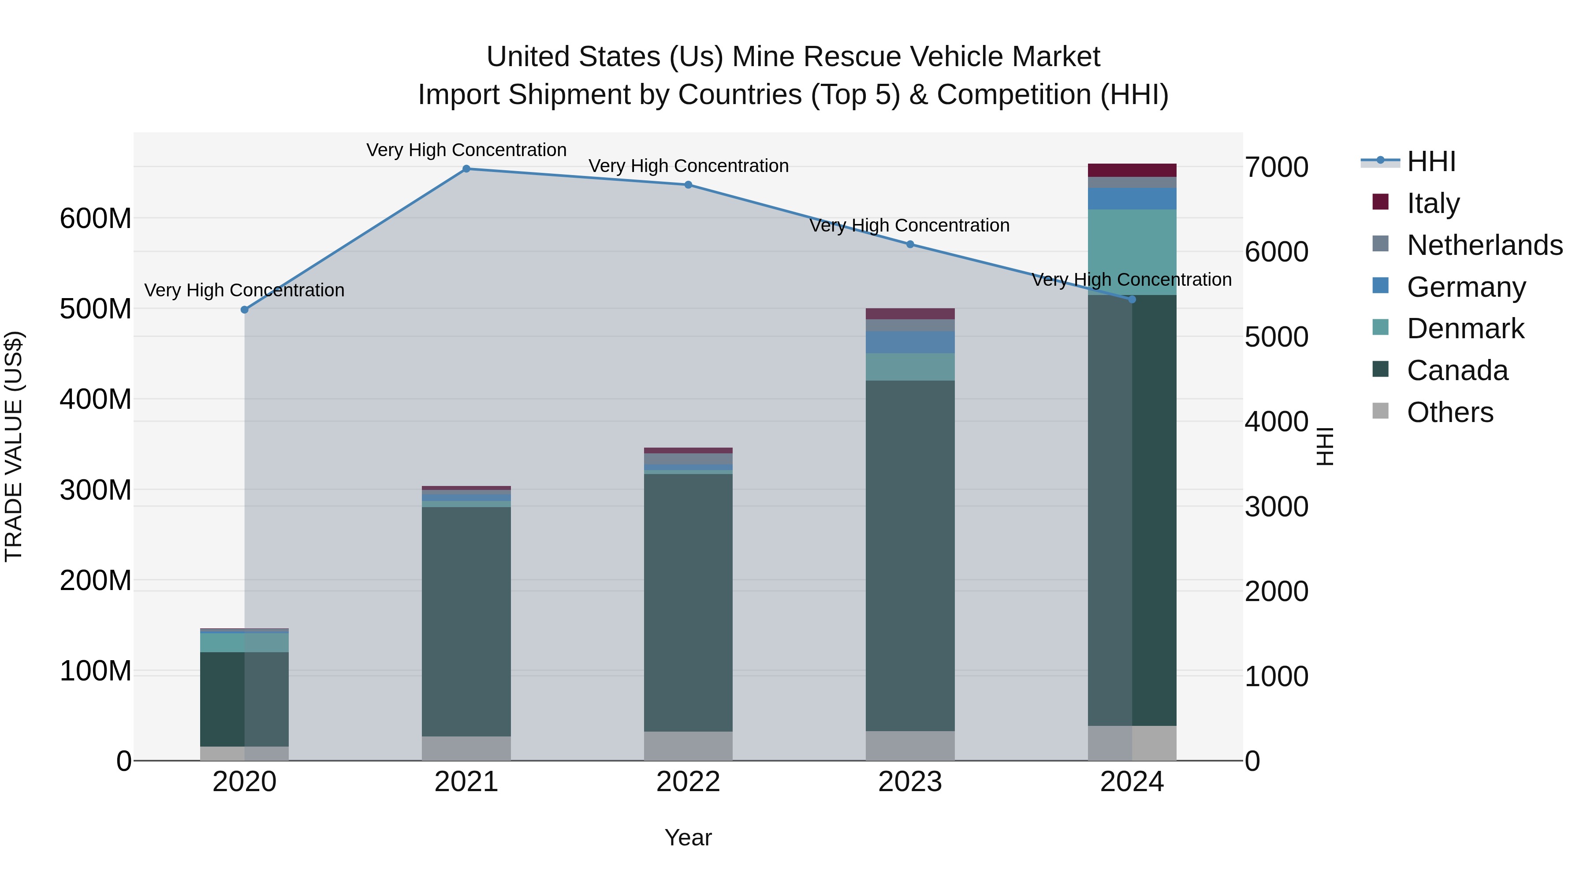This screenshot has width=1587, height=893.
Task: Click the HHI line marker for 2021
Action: click(466, 169)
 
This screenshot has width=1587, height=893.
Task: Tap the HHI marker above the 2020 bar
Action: click(245, 310)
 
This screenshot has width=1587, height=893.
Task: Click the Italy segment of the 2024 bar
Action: click(1132, 170)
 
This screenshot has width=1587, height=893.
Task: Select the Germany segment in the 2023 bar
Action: click(910, 342)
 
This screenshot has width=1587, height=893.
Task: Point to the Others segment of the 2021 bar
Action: click(466, 748)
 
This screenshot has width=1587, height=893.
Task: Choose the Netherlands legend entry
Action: click(1484, 245)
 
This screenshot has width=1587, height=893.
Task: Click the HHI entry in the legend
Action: click(1431, 161)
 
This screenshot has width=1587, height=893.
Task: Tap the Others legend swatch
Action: click(1381, 411)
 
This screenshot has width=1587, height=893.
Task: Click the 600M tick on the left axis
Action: click(96, 219)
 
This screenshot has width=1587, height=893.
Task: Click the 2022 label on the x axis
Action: click(688, 782)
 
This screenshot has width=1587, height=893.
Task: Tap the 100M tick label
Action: click(96, 671)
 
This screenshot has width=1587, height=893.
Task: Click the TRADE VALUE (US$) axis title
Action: click(14, 446)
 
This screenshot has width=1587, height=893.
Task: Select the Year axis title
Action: click(688, 837)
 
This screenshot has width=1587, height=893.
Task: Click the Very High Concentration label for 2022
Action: click(688, 166)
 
